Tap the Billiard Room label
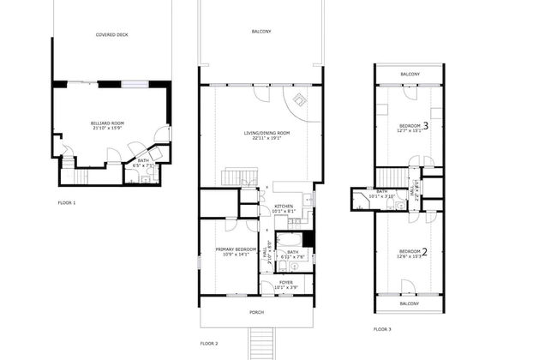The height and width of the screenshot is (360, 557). pos(107,123)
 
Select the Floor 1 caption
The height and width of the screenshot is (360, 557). pos(67,203)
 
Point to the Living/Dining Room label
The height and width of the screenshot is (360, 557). pos(267,133)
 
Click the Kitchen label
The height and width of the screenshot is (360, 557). pos(284,207)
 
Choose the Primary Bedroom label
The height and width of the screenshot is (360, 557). pos(235,249)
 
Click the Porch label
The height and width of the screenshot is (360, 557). pos(256,312)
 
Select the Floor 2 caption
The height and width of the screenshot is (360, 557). pos(209,343)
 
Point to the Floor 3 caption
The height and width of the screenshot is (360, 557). pos(382,329)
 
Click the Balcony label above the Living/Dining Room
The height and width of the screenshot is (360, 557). pos(261,32)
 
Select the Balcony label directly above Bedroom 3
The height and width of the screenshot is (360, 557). pos(410,75)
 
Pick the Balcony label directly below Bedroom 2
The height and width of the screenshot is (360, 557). pos(410,303)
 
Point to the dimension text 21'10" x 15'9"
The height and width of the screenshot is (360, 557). pos(107,129)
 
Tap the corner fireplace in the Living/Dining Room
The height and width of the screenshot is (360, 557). pos(300,101)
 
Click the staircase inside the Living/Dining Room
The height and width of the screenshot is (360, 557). pos(233,177)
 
